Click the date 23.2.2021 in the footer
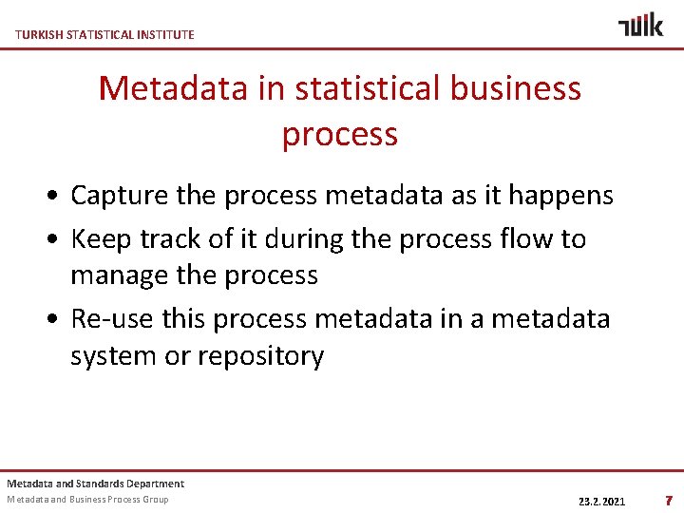click(601, 501)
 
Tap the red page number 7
click(669, 500)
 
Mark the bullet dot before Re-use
click(59, 319)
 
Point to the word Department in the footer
click(155, 484)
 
